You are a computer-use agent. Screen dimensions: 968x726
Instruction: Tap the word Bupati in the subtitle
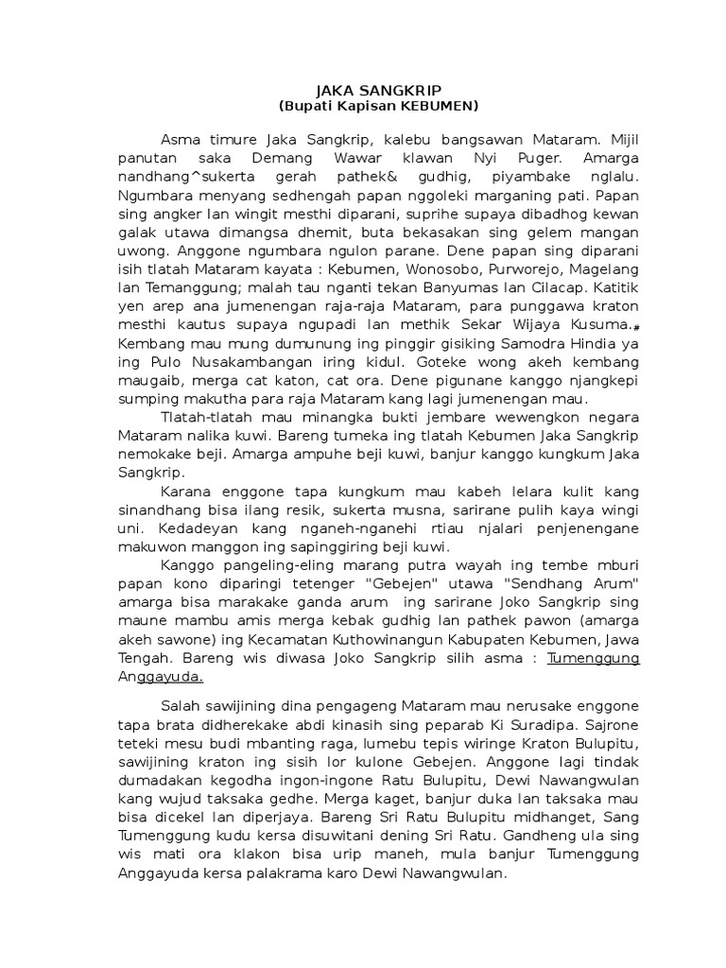(x=310, y=104)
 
